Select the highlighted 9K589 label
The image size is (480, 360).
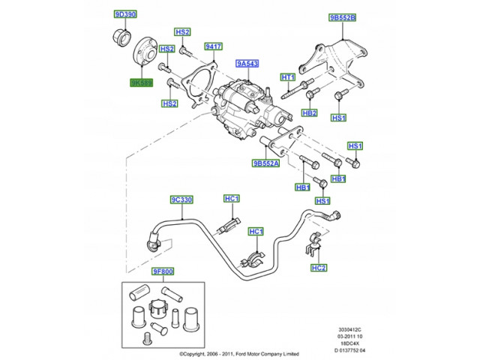pyautogui.click(x=140, y=82)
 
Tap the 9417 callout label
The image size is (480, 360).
pyautogui.click(x=214, y=46)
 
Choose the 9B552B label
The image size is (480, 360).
pyautogui.click(x=342, y=16)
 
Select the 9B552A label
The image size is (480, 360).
pyautogui.click(x=266, y=163)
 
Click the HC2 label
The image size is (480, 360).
pyautogui.click(x=319, y=267)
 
